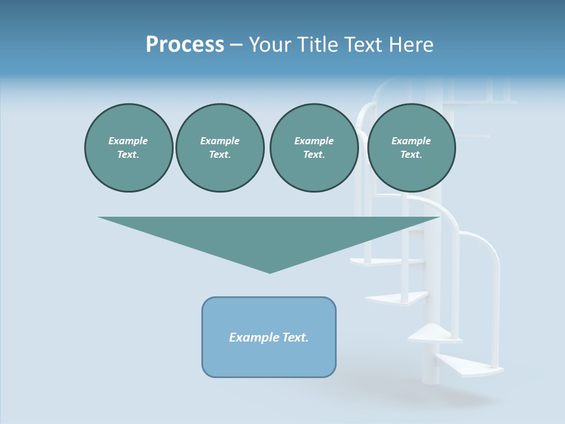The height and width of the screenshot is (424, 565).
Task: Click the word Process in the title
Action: point(185,45)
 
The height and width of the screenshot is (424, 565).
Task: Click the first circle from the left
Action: point(128,147)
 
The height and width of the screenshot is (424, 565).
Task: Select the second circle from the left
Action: point(220,147)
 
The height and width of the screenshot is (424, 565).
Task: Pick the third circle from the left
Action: point(314,147)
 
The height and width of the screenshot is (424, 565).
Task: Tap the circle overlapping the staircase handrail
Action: point(411,147)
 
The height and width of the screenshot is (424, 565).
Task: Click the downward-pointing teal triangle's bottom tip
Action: point(270,271)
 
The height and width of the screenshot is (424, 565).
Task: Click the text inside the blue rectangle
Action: point(269,337)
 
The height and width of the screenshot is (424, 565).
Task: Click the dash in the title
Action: point(236,45)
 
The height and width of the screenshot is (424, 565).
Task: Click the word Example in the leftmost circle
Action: point(128,141)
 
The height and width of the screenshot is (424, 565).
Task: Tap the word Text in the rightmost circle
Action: point(411,154)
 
